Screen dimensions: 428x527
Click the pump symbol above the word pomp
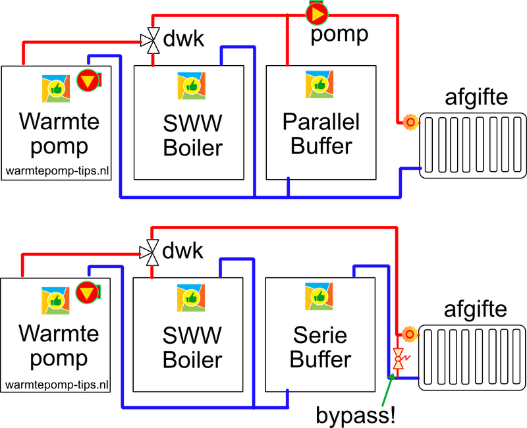[x=317, y=13]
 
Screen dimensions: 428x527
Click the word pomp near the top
[x=339, y=34]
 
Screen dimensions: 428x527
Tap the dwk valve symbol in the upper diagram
[x=152, y=40]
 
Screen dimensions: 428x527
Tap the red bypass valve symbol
[x=399, y=358]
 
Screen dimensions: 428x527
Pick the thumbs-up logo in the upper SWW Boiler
[x=191, y=86]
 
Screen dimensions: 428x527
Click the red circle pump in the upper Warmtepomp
[x=86, y=80]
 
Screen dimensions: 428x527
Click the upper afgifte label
[x=476, y=98]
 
